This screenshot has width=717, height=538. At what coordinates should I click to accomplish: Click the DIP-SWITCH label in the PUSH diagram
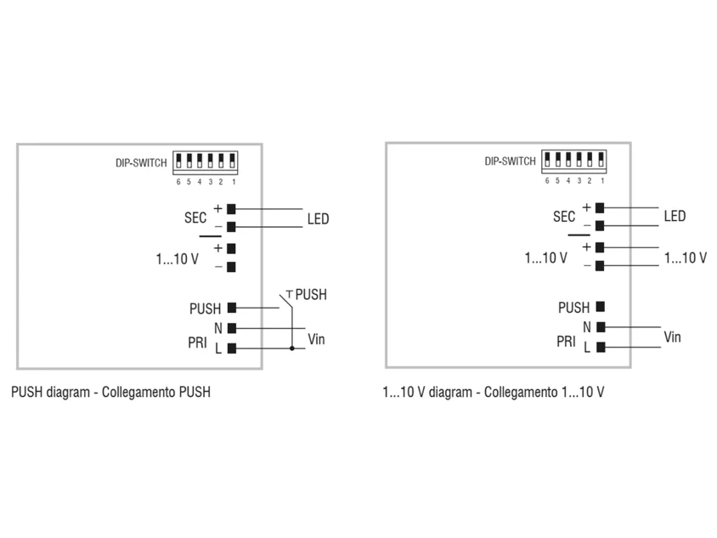(x=141, y=163)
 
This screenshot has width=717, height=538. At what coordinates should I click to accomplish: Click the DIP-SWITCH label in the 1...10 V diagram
(x=510, y=161)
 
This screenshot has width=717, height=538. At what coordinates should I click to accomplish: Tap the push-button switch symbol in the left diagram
(x=286, y=299)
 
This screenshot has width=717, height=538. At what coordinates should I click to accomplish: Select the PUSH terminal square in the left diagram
(x=232, y=308)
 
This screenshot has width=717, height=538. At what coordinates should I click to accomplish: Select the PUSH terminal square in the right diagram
(x=601, y=306)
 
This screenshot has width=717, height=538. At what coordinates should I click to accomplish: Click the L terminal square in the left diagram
(x=232, y=348)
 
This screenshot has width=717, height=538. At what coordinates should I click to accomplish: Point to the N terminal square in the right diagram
(x=601, y=326)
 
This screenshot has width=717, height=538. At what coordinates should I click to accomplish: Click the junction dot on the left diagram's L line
(x=291, y=348)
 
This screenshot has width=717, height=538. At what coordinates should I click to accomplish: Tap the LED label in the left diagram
(x=318, y=218)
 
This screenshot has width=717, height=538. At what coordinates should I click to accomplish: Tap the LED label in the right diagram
(x=675, y=216)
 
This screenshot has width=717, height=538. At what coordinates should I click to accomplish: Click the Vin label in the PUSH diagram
(x=316, y=339)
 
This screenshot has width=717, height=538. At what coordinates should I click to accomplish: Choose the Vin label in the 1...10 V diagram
(x=672, y=337)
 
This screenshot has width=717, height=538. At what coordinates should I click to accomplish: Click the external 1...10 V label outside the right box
(x=686, y=258)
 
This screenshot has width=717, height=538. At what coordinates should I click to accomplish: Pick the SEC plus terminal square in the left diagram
(x=231, y=209)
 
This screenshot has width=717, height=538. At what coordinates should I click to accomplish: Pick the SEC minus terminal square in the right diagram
(x=600, y=225)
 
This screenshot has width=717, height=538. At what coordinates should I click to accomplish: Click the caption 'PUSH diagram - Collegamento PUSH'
(x=110, y=392)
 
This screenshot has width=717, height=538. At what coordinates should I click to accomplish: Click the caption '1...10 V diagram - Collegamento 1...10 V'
(x=494, y=392)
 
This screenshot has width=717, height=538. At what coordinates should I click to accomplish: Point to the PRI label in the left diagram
(x=197, y=343)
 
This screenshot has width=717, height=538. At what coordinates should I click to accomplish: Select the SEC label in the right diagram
(x=564, y=217)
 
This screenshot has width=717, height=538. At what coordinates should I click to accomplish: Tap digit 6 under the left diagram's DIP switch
(x=178, y=182)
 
